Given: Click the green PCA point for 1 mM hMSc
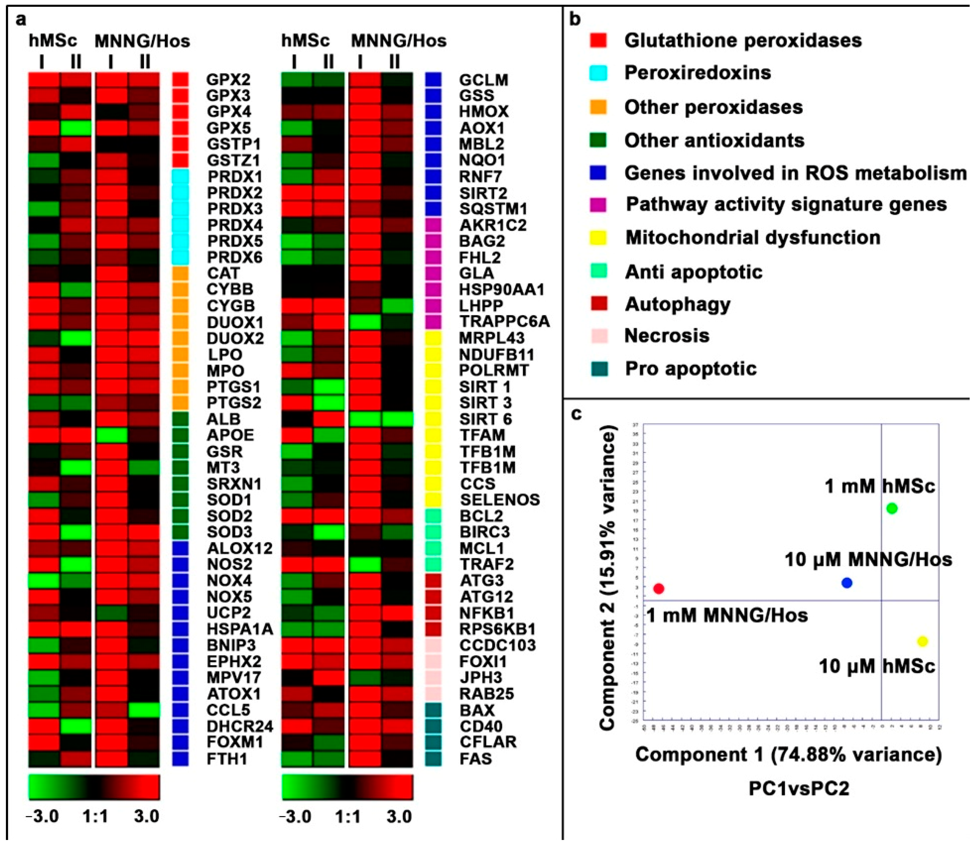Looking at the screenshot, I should coord(892,509).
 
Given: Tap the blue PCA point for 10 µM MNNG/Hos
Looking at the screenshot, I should coord(847,583).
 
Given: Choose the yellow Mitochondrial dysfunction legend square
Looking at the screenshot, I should coord(598,237).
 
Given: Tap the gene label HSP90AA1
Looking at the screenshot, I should coord(502,289).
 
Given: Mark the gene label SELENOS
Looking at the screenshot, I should coord(499,500).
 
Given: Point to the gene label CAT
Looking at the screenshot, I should coord(223,273).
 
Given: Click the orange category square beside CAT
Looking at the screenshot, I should coord(180,273).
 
